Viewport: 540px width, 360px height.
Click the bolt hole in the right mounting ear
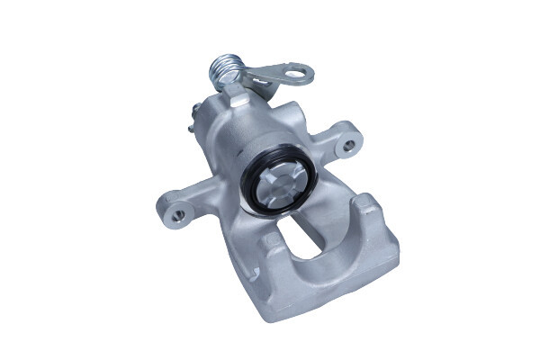coord(346,141)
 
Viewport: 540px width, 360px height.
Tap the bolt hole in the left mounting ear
coord(178,215)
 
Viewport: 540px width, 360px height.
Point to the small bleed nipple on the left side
coord(194,117)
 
